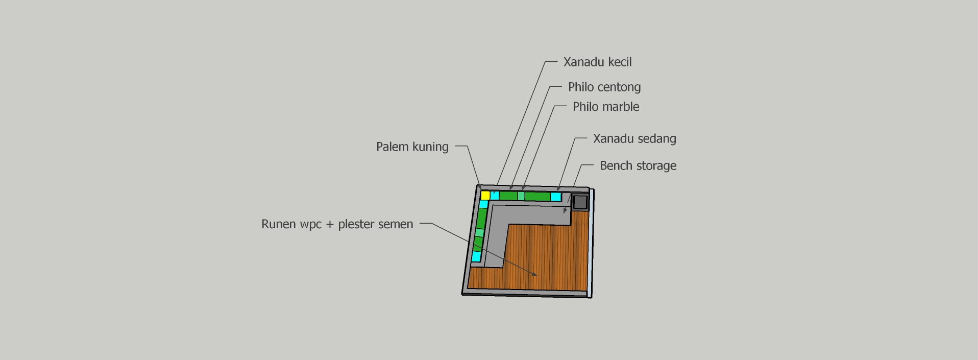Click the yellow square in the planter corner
(485, 195)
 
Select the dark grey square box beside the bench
(580, 202)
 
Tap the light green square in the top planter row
(521, 196)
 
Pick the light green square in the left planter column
(479, 233)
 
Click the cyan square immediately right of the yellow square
(495, 195)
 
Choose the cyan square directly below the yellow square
(483, 204)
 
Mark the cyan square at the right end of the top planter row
(556, 197)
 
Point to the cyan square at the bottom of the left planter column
(476, 256)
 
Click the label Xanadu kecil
(597, 62)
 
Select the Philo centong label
(604, 87)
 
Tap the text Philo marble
(605, 107)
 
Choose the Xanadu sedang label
(634, 139)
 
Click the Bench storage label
(638, 166)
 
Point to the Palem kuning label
(412, 147)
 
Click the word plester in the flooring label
(355, 224)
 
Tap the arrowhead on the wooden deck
(534, 274)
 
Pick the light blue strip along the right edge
(592, 243)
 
